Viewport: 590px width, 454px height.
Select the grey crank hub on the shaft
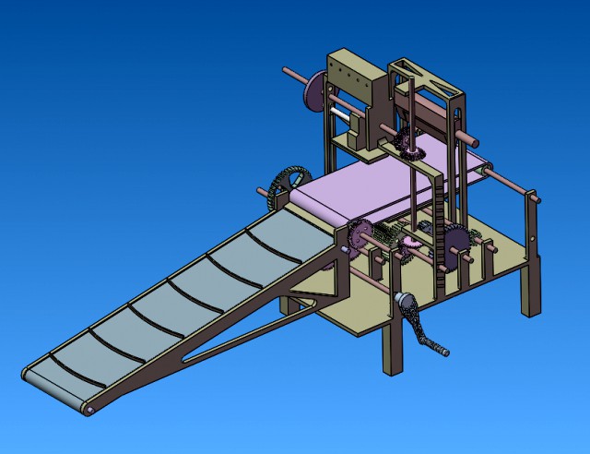[x=403, y=301]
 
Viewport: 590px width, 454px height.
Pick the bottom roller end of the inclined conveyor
[x=89, y=409]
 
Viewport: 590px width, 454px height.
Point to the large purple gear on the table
[x=455, y=244]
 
